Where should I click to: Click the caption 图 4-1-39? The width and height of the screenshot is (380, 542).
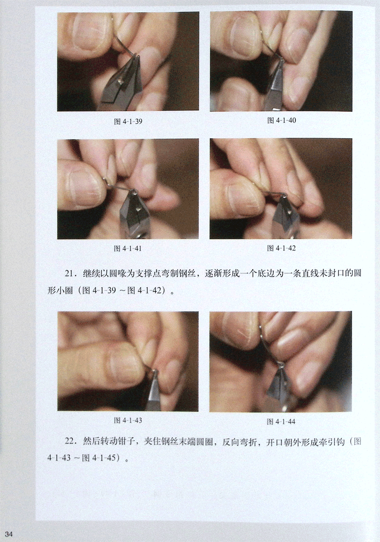(x=128, y=121)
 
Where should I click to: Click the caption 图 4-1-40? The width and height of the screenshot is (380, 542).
(x=281, y=120)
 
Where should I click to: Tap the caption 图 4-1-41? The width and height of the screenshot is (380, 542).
(x=128, y=249)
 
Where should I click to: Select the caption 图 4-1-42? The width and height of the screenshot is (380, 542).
(x=281, y=248)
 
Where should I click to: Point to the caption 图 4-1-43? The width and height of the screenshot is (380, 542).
(x=128, y=420)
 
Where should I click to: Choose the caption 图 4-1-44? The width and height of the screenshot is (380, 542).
(x=281, y=421)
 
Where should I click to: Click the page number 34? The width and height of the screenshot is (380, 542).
(x=8, y=534)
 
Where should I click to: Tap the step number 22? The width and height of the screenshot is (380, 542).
(x=70, y=441)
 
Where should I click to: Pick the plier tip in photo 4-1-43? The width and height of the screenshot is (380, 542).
(x=155, y=372)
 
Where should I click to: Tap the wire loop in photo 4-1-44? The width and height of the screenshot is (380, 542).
(x=281, y=365)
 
